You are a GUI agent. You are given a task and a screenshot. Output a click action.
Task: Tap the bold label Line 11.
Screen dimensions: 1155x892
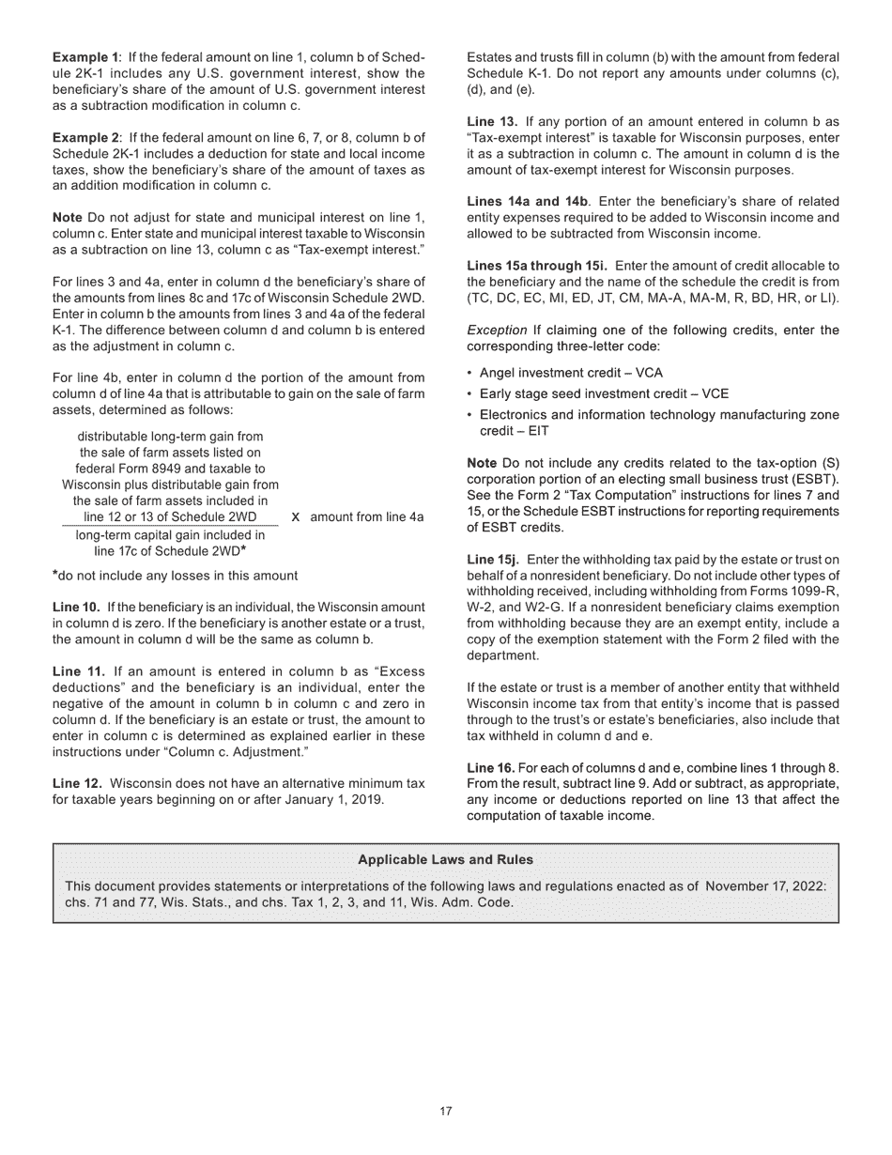[76, 671]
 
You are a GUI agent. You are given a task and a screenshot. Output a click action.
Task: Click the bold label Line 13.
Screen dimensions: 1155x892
[491, 122]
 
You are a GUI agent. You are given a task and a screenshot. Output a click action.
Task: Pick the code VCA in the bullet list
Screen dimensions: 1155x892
[649, 373]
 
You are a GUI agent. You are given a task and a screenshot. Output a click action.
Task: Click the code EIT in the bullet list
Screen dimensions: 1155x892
[539, 431]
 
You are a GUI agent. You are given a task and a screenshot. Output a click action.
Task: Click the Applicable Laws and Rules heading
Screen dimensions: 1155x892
[445, 859]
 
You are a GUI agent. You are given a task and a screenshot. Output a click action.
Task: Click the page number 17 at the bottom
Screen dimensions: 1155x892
[446, 1112]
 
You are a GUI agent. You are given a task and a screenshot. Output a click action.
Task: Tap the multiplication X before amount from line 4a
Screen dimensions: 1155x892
[297, 517]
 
